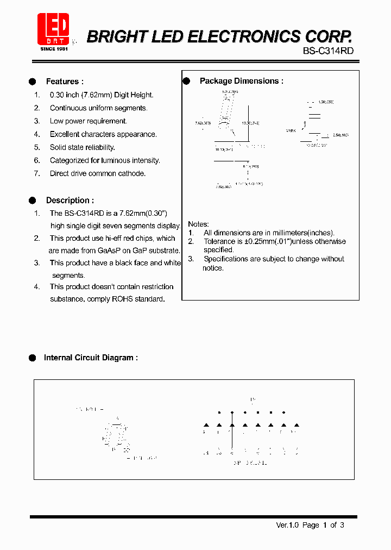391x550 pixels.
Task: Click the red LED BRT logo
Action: click(53, 30)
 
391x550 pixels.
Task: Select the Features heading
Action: click(65, 82)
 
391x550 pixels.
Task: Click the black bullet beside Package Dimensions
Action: click(186, 81)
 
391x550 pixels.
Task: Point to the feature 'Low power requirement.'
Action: click(89, 121)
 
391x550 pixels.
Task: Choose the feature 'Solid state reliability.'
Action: click(83, 147)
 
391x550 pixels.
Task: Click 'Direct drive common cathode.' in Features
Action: click(98, 173)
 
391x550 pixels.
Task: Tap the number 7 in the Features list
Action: click(37, 173)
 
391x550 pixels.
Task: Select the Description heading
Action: click(70, 201)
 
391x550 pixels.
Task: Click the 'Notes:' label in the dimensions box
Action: click(198, 224)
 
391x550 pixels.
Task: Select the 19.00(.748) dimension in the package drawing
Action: click(251, 123)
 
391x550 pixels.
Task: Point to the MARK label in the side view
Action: click(291, 131)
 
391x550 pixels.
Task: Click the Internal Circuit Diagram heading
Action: click(90, 358)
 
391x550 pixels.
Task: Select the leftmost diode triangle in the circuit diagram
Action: click(206, 425)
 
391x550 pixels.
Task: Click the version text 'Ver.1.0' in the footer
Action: click(288, 525)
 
